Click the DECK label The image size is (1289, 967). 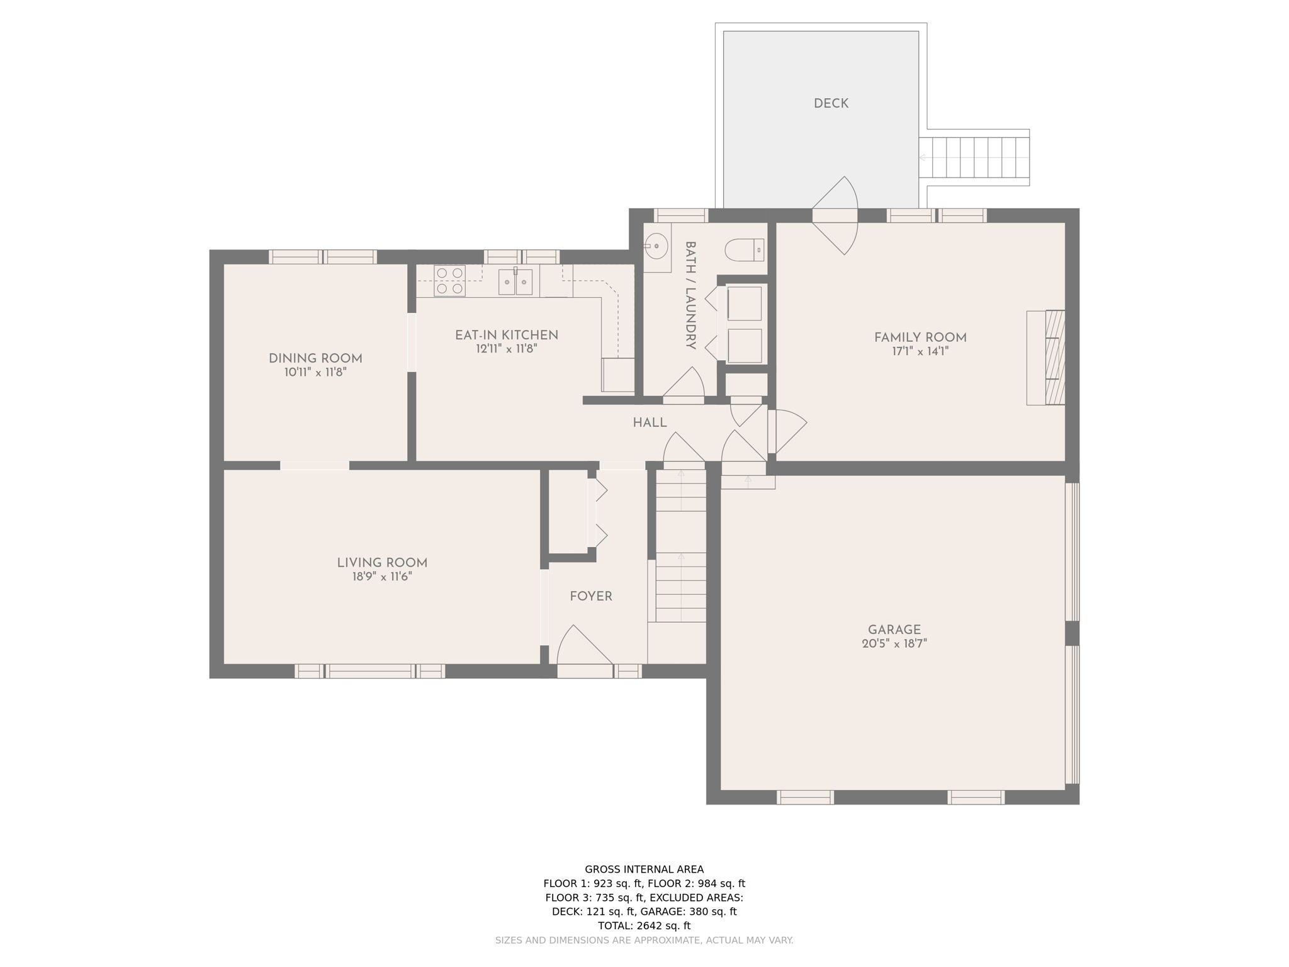[x=831, y=104]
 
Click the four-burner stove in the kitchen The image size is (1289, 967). [x=449, y=281]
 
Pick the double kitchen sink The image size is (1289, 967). [x=515, y=281]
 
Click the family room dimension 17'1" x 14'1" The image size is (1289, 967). [x=920, y=352]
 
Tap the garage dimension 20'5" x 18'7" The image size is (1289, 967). [x=894, y=644]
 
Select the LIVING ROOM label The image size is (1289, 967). [x=381, y=563]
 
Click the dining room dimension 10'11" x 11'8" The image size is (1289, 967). [x=315, y=373]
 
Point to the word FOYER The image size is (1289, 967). [x=590, y=596]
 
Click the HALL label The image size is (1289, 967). [x=650, y=423]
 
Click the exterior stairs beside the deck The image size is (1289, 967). [x=974, y=157]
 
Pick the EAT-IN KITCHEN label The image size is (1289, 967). [x=506, y=335]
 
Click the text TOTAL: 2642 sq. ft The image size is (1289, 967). [x=644, y=925]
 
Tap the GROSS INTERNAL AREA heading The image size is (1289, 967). [x=644, y=869]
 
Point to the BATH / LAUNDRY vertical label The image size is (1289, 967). [x=690, y=295]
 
